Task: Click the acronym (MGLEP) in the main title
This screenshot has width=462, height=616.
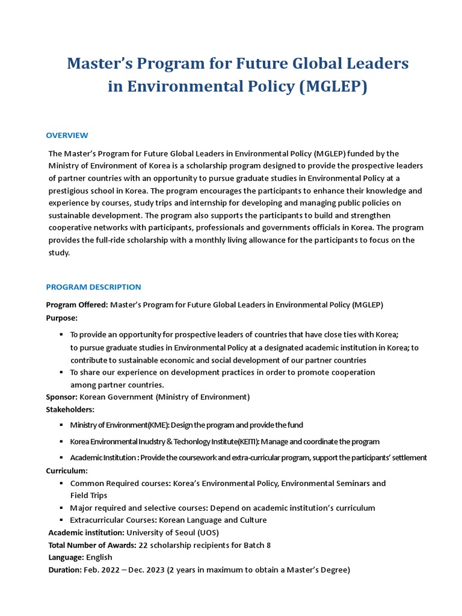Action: tap(333, 87)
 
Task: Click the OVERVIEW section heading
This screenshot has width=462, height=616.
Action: tap(67, 135)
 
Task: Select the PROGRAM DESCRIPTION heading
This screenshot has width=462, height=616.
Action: tap(93, 287)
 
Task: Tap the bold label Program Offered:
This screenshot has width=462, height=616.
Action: tap(77, 305)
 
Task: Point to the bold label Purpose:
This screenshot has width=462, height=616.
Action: tap(62, 318)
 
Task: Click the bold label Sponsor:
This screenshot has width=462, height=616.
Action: tap(62, 397)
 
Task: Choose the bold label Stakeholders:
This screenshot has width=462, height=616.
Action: tap(70, 410)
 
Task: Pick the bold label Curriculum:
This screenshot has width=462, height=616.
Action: tap(67, 470)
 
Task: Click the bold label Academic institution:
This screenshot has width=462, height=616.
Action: tap(87, 532)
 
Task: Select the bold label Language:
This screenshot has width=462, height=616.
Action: tap(66, 557)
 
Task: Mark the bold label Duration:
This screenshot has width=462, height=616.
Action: tap(65, 570)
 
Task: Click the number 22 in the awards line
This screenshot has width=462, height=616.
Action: tap(143, 545)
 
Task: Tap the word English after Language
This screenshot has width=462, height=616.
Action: tap(99, 557)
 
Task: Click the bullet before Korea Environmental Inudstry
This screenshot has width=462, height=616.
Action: tap(61, 442)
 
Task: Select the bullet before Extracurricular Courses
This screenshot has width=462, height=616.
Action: tap(61, 520)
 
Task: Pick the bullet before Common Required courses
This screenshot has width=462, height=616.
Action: tap(61, 483)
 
